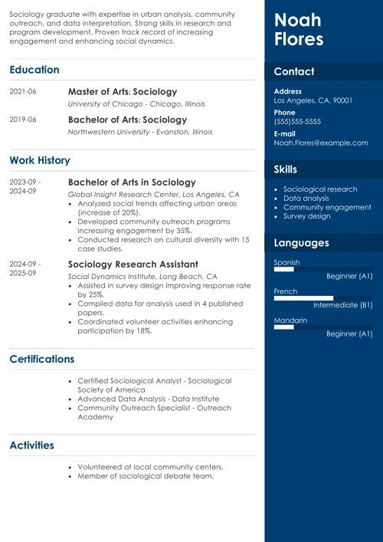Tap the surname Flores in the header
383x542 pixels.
coord(299,40)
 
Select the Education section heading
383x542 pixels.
coord(34,70)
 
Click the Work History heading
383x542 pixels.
coord(40,160)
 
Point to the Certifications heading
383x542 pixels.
coord(42,359)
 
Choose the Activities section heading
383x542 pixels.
coord(31,445)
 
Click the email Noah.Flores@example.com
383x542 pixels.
coord(321,143)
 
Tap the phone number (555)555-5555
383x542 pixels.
coord(297,121)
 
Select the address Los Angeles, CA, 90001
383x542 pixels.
coord(313,100)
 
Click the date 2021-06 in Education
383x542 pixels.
coord(23,92)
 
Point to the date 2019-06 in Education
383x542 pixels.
coord(23,120)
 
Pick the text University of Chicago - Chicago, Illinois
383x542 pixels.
coord(136,103)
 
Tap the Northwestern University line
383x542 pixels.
coord(140,132)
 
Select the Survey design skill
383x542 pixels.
coord(307,216)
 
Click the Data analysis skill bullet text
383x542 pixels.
coord(306,198)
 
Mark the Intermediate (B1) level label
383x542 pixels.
coord(343,305)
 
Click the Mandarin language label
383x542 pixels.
coord(290,320)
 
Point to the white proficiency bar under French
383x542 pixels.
coord(303,298)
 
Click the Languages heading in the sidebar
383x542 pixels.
coord(301,243)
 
